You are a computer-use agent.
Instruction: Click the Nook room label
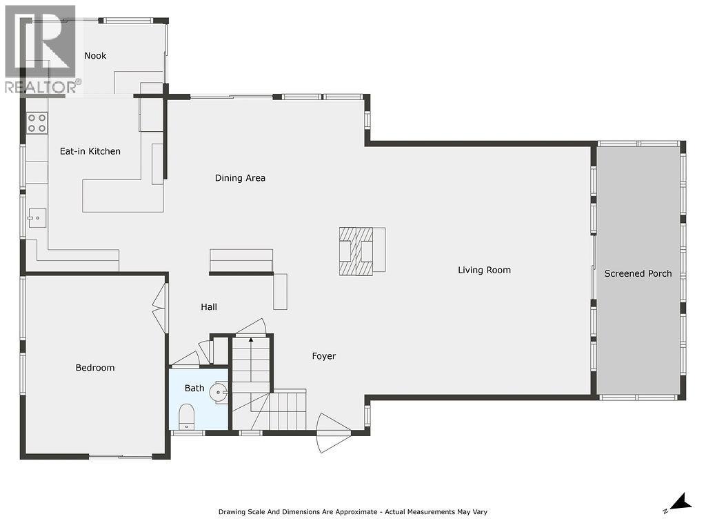(x=95, y=56)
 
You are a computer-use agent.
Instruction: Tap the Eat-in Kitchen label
(x=90, y=151)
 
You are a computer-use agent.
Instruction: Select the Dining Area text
(x=240, y=178)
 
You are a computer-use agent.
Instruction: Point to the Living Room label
(x=484, y=270)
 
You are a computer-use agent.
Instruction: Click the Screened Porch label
(x=638, y=274)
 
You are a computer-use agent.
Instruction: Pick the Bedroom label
(x=95, y=368)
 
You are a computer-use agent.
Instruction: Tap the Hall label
(x=209, y=307)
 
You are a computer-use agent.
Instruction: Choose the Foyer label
(x=323, y=356)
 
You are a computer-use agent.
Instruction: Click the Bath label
(x=194, y=389)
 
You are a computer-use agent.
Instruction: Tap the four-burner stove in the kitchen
(x=37, y=124)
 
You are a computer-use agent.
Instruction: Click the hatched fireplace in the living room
(x=356, y=251)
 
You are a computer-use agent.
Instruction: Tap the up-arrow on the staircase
(x=251, y=340)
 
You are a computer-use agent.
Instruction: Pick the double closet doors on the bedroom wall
(x=159, y=308)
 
